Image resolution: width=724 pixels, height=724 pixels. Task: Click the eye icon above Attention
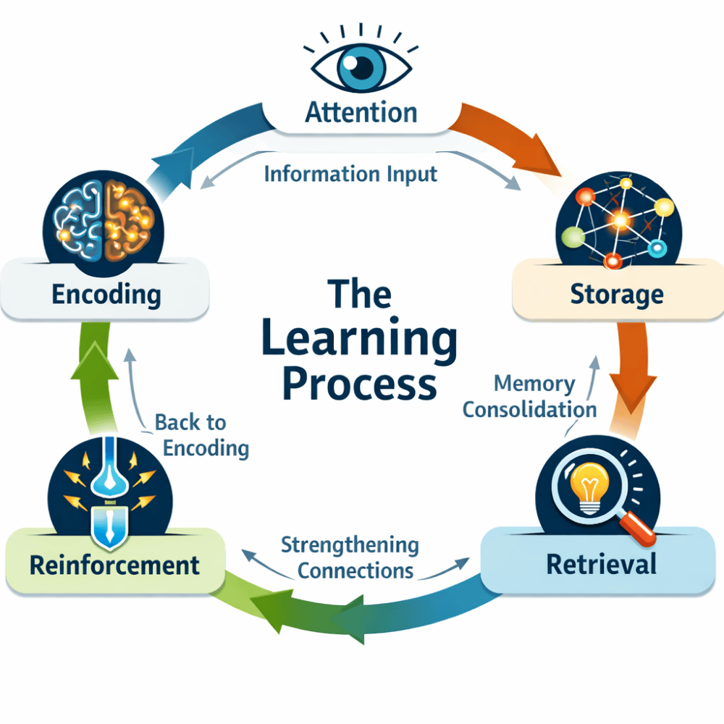[361, 66]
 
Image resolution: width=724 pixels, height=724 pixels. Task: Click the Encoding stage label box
[106, 295]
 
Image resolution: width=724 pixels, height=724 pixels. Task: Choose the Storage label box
[616, 295]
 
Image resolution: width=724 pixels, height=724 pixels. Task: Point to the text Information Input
[350, 174]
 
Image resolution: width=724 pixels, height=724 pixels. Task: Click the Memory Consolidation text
[529, 396]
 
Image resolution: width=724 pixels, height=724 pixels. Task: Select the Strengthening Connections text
[350, 557]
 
